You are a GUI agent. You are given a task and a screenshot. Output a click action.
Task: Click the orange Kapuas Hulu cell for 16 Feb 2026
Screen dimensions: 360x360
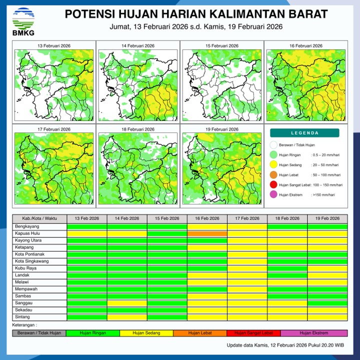tap(207, 233)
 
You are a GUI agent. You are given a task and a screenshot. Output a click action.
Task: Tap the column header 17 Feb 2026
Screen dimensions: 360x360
tap(247, 218)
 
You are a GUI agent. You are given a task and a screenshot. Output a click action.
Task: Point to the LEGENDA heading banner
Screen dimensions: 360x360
tap(304, 133)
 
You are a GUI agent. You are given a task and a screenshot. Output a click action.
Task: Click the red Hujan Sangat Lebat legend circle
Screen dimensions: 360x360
tap(273, 185)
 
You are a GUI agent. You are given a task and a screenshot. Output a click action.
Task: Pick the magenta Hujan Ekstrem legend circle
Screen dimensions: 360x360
tap(273, 195)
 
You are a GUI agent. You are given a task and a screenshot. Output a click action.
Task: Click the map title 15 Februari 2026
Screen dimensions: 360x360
tap(221, 46)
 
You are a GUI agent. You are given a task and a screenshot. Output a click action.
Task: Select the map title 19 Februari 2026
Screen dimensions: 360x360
tap(221, 129)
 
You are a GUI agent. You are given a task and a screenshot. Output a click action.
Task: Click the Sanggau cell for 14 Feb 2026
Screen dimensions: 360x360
tap(127, 303)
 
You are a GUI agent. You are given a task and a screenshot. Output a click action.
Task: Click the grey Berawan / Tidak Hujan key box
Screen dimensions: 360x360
tap(39, 333)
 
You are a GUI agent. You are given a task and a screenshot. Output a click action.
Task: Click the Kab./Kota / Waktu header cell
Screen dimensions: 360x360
tap(39, 218)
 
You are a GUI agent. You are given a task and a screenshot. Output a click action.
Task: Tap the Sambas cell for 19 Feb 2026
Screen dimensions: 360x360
tap(327, 296)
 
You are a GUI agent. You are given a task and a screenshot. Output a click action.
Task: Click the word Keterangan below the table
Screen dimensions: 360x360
tap(25, 325)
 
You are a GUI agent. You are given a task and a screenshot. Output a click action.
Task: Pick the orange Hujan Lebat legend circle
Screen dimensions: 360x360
tap(273, 175)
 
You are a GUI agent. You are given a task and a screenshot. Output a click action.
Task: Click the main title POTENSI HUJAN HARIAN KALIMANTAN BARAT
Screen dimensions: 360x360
tap(196, 14)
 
